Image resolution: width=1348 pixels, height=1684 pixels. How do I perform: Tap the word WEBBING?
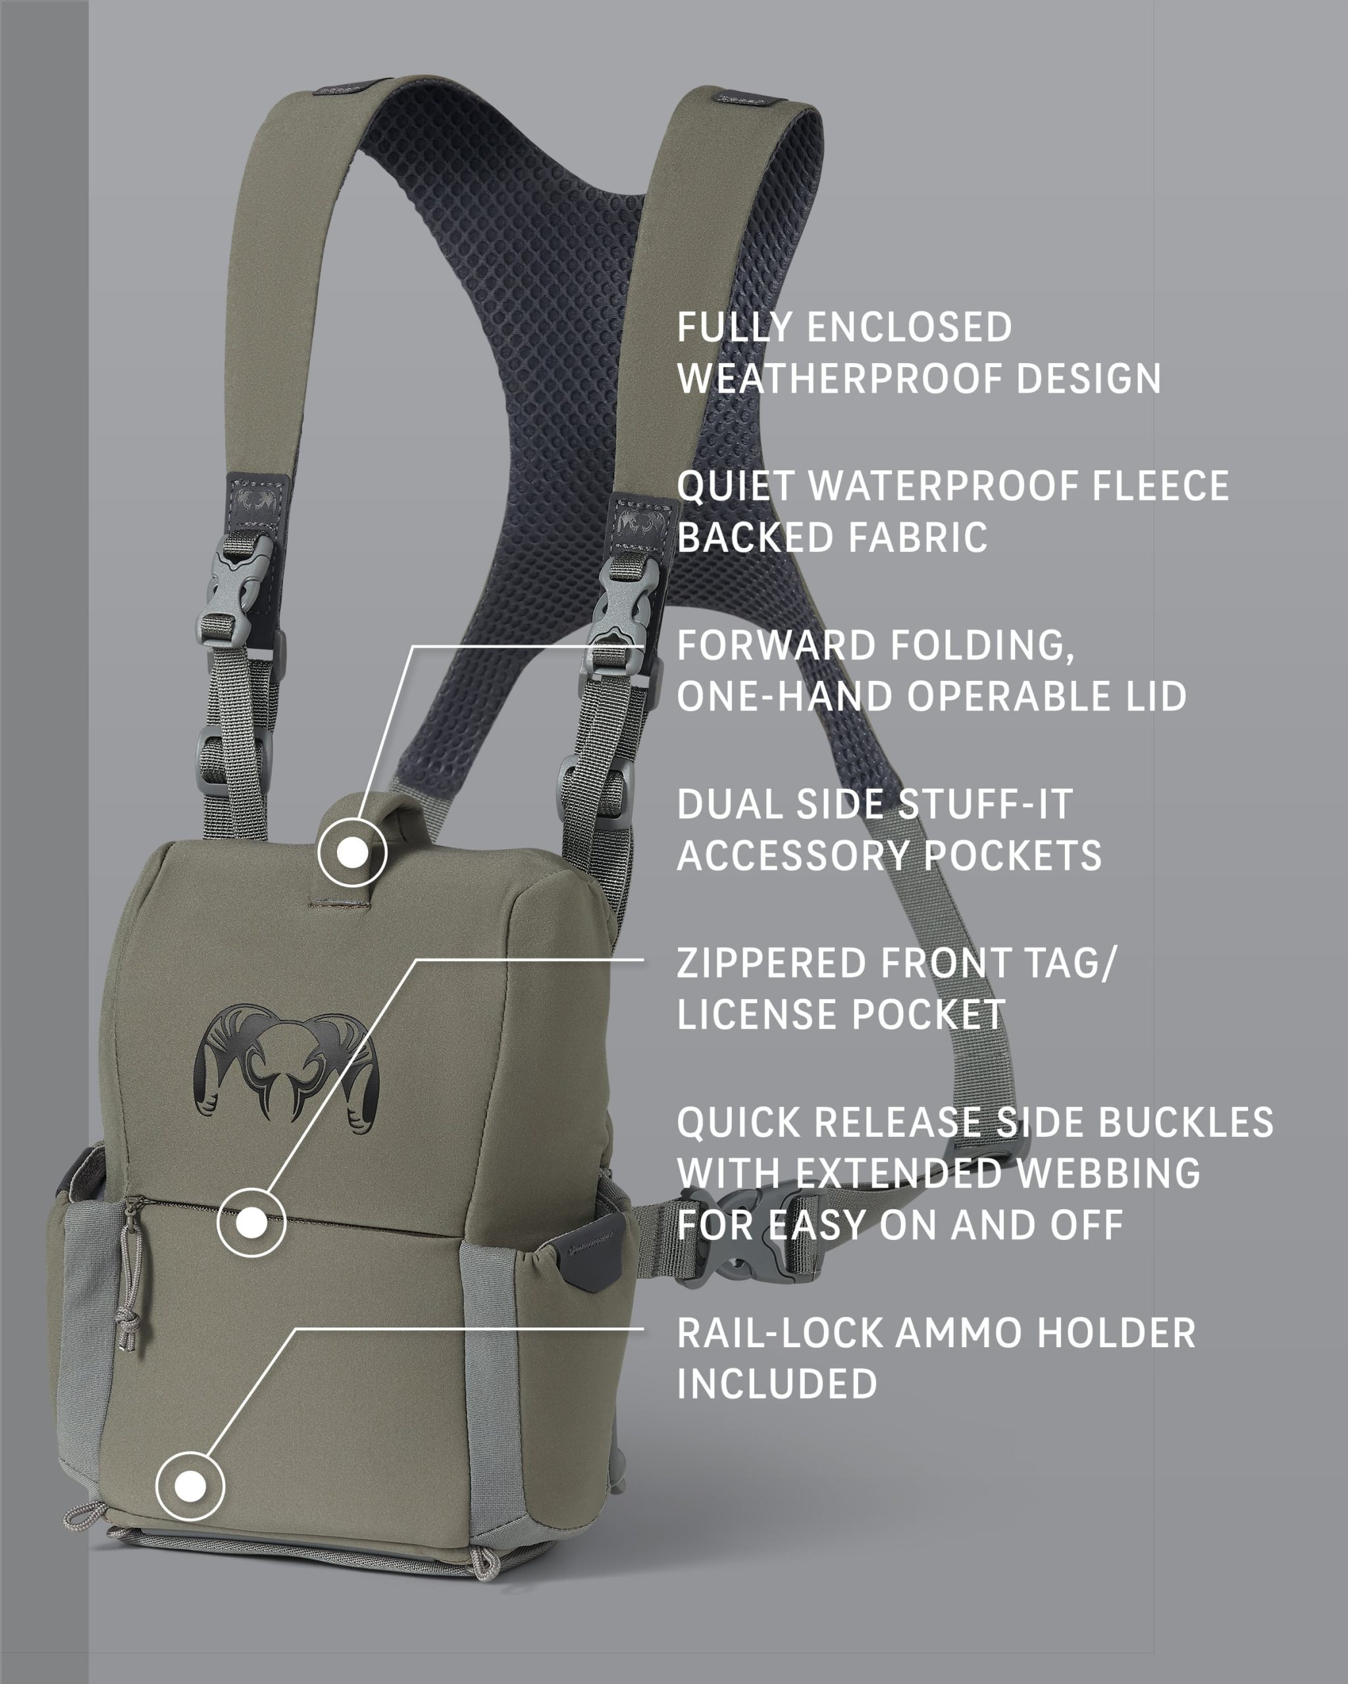point(1102,1173)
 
